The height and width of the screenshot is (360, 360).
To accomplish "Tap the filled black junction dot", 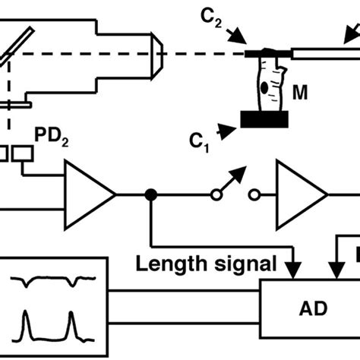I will (152, 195).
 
